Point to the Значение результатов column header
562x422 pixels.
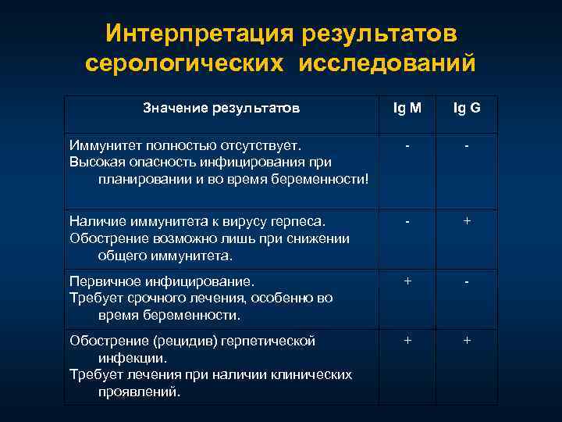[x=221, y=108]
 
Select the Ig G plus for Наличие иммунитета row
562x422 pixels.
[x=467, y=221]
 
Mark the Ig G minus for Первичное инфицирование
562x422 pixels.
[x=467, y=281]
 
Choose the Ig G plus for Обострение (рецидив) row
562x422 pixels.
[x=467, y=340]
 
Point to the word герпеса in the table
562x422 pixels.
[x=300, y=221]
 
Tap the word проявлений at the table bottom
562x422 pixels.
[x=139, y=392]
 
